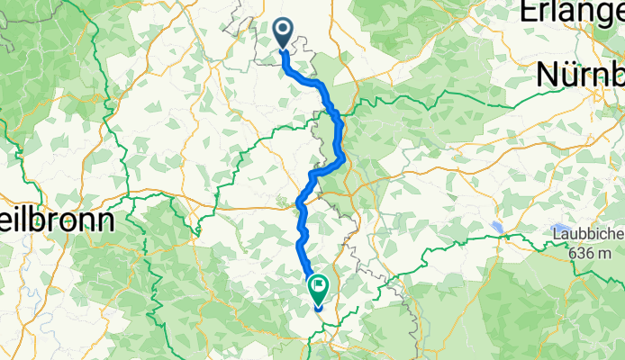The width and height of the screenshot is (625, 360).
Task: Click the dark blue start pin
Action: pos(283,34)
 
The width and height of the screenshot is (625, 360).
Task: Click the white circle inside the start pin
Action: pos(283,31)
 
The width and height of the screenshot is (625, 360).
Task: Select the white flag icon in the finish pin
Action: pos(319,286)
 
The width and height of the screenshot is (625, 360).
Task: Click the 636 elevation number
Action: pos(582,254)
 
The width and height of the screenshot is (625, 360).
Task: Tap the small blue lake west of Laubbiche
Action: pos(497,226)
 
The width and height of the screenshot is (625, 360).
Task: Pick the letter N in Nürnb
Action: pos(548,76)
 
